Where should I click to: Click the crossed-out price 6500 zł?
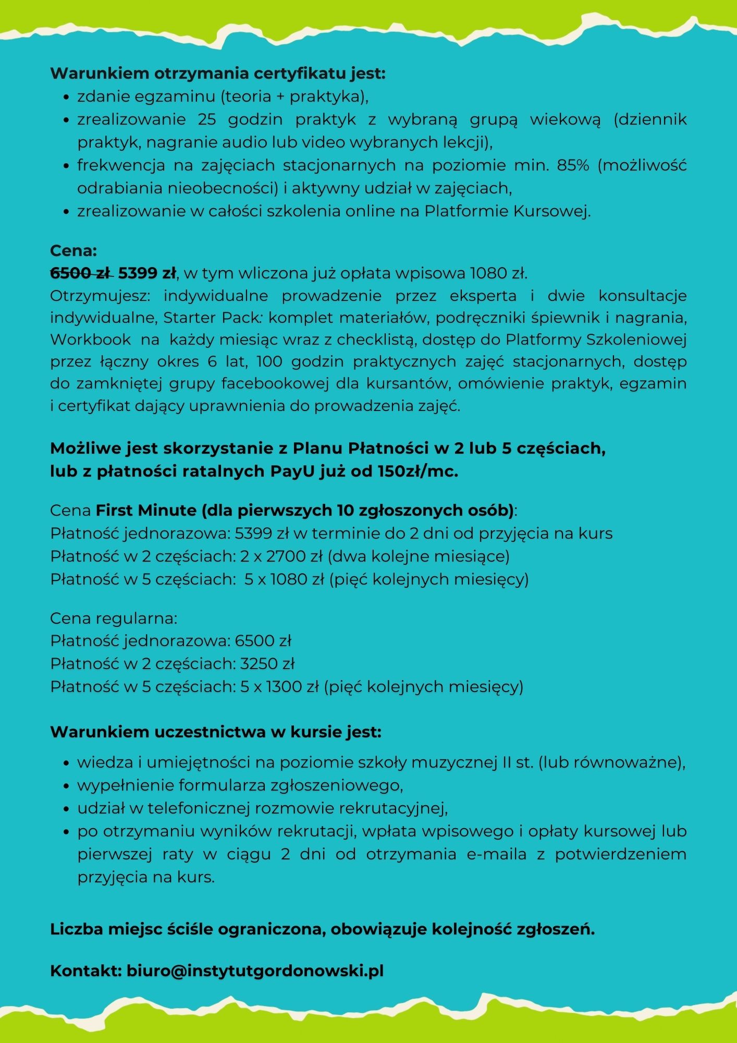(x=81, y=273)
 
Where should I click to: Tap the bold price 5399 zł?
(x=147, y=273)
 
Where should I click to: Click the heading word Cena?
(x=73, y=251)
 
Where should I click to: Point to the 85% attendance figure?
(x=573, y=165)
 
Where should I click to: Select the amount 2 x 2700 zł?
(x=281, y=556)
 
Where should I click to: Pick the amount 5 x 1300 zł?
(x=279, y=686)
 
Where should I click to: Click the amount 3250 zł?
(x=267, y=663)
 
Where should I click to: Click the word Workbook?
(x=90, y=339)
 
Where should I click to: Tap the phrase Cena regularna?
(x=114, y=618)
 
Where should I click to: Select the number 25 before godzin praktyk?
(x=206, y=119)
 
